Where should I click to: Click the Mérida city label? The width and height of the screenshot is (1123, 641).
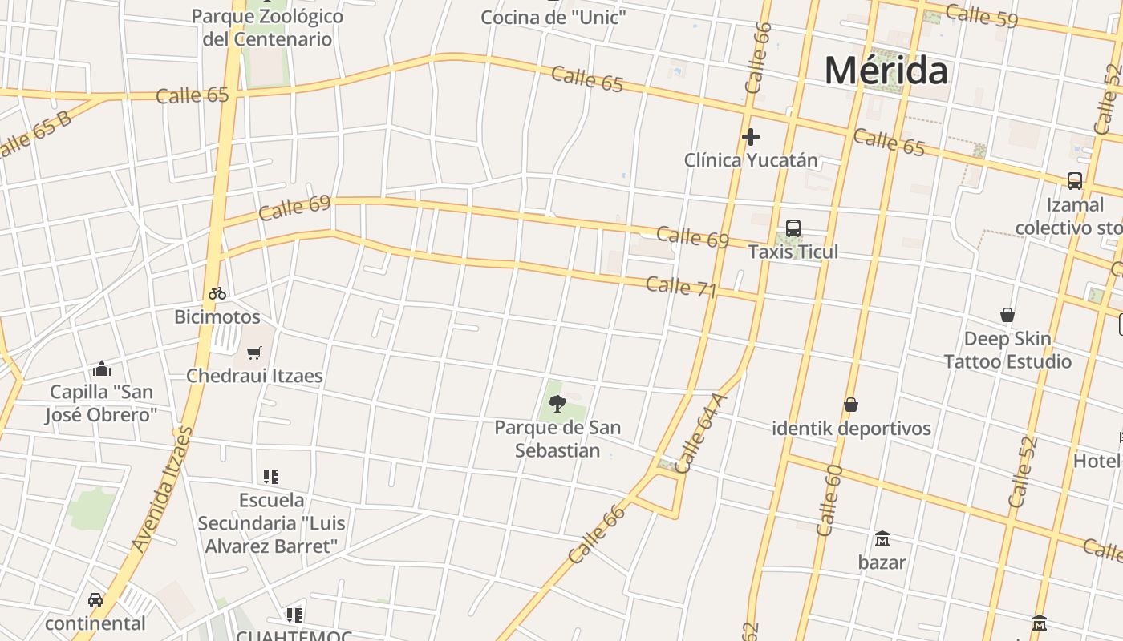click(886, 71)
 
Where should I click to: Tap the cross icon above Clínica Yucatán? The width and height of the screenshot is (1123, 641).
click(751, 137)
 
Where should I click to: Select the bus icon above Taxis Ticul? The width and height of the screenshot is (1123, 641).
click(793, 228)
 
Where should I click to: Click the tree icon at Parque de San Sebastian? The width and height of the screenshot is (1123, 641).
click(557, 404)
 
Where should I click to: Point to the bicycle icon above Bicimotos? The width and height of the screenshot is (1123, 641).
click(217, 293)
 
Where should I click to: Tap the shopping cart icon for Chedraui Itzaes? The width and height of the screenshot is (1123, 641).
click(254, 353)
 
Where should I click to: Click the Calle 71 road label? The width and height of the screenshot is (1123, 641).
click(680, 287)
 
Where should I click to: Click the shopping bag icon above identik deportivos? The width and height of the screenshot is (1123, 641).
click(851, 405)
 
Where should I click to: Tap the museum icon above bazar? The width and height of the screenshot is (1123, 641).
click(882, 538)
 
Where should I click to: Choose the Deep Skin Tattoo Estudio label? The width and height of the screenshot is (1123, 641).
click(1007, 350)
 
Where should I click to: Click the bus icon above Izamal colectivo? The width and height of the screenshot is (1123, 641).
click(1075, 181)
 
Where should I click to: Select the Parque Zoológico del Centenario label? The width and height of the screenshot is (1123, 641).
click(267, 27)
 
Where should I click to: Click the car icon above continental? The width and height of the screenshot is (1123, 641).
click(95, 600)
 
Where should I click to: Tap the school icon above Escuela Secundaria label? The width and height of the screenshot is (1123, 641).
click(271, 477)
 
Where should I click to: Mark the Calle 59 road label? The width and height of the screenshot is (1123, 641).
click(981, 15)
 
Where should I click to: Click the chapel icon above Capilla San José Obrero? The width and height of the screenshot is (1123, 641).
click(102, 369)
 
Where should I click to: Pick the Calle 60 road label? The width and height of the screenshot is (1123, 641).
click(829, 500)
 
